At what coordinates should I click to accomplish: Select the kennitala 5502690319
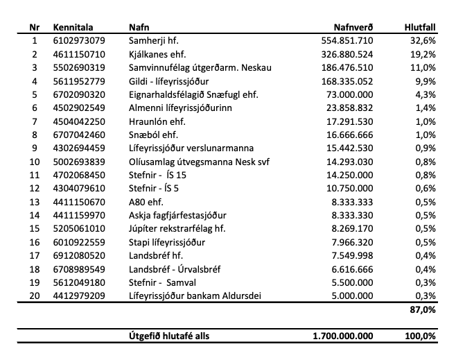79,67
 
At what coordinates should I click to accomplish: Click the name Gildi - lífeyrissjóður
170,81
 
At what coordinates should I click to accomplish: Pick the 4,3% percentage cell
426,94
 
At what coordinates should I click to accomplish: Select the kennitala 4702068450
79,175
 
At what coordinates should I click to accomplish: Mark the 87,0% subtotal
423,310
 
